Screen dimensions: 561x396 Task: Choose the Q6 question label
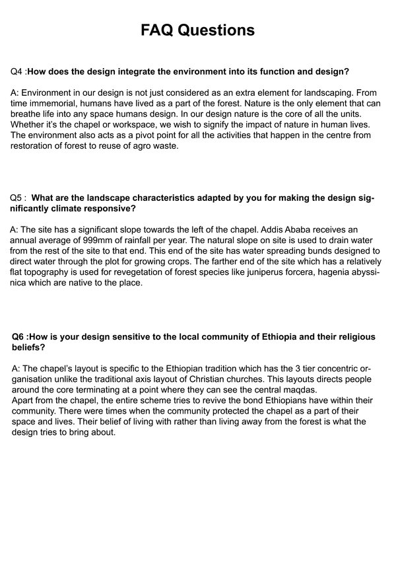20,337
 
